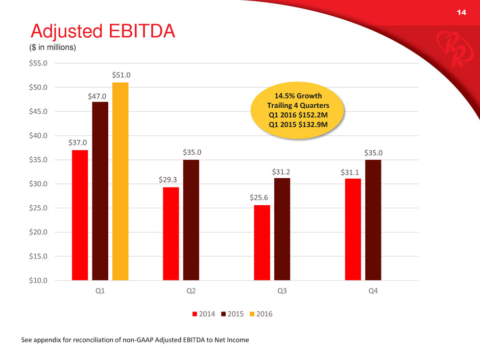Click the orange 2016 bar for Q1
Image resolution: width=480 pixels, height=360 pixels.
(x=120, y=181)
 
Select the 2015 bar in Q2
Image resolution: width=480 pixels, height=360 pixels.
(x=191, y=220)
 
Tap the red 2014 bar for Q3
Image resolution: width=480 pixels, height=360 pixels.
(x=262, y=243)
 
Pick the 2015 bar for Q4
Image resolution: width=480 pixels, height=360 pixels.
(x=373, y=220)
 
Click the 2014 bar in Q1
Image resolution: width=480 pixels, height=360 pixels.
(x=80, y=214)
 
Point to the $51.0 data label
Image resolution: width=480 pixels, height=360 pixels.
(x=120, y=75)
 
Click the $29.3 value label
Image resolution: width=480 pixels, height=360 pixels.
(x=171, y=180)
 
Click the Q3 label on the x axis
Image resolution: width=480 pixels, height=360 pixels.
(x=282, y=293)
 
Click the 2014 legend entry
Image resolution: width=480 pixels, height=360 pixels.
(x=203, y=314)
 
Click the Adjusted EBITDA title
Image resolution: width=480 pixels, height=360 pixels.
(x=103, y=32)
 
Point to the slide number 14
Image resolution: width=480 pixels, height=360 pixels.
(x=462, y=12)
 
